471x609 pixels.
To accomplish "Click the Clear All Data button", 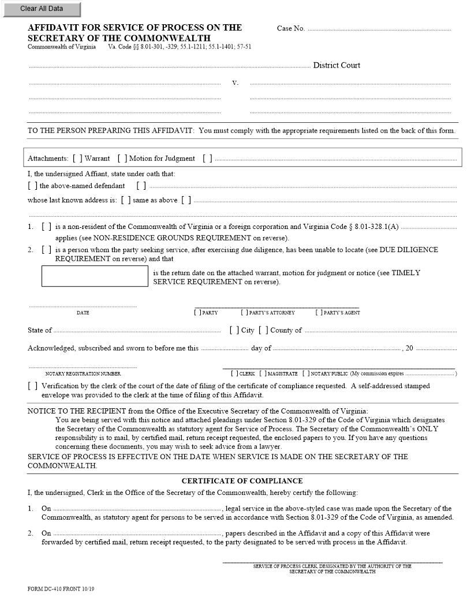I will (41, 9).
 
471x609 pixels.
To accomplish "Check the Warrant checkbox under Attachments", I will (77, 158).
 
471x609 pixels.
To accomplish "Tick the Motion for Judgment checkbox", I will (122, 158).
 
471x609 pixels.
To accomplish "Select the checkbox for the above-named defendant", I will (32, 186).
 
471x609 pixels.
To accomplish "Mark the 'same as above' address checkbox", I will (126, 200).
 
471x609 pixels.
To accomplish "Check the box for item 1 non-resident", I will (46, 227).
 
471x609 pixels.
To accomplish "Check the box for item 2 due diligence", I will (46, 250).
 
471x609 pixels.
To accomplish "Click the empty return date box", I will (95, 276).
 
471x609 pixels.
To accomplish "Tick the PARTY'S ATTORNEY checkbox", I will (244, 313).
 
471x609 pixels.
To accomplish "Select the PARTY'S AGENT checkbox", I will (319, 313).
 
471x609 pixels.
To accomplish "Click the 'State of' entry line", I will (137, 330).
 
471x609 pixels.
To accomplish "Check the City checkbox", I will (234, 330).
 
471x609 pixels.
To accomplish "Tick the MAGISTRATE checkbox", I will (263, 374).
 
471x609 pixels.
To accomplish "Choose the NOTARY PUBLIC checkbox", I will (305, 374).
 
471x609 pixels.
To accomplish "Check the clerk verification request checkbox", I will (32, 386).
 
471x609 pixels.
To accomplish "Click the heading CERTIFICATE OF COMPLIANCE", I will (242, 480).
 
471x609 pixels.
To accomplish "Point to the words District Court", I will (337, 65).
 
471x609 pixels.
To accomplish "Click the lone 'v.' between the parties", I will (235, 83).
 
